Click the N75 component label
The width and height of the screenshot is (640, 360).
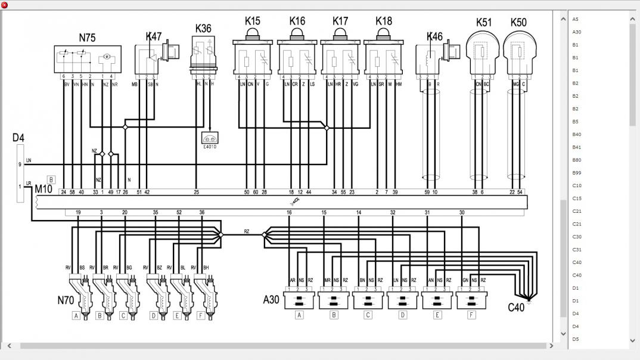click(x=87, y=38)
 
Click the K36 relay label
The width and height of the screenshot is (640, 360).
click(x=203, y=28)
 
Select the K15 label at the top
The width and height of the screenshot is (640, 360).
click(x=253, y=21)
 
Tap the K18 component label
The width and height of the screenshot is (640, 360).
click(x=384, y=21)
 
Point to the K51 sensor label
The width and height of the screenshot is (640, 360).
click(x=483, y=23)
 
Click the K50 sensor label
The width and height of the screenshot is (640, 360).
click(x=518, y=23)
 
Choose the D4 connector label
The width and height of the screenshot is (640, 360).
click(x=18, y=138)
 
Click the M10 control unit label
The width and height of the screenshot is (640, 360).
click(x=44, y=189)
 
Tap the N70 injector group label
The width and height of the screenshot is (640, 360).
click(x=66, y=300)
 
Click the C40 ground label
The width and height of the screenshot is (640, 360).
click(x=516, y=308)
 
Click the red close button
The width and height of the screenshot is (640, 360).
click(x=5, y=5)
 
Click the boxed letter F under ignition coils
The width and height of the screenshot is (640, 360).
click(x=472, y=315)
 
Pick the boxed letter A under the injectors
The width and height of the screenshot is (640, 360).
click(x=76, y=316)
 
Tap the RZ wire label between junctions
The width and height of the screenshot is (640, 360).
click(x=247, y=231)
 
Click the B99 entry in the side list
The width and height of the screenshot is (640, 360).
click(x=576, y=173)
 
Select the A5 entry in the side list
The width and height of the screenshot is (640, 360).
click(x=576, y=20)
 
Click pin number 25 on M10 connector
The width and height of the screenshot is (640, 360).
click(x=197, y=192)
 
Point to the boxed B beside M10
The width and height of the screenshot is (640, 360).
click(x=51, y=179)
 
